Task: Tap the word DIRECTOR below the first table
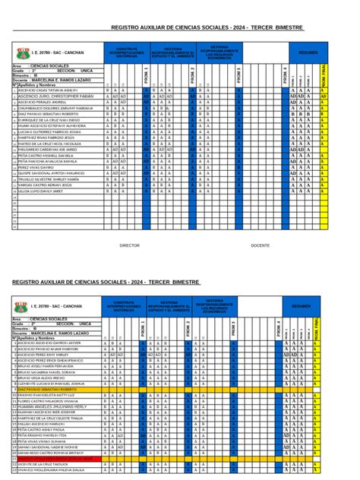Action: pos(130,245)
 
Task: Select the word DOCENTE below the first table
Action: pos(260,245)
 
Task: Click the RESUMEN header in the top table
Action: pos(308,52)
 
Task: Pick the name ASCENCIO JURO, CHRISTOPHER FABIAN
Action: pos(52,97)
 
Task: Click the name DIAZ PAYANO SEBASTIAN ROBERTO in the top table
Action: pos(47,114)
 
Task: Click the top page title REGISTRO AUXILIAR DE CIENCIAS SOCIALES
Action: pos(207,27)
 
